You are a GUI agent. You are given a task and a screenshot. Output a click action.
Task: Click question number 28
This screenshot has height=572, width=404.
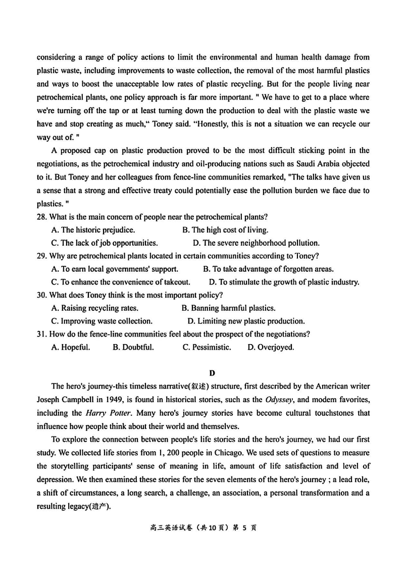point(42,217)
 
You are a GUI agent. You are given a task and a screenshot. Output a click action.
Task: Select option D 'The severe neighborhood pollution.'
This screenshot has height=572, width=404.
point(256,243)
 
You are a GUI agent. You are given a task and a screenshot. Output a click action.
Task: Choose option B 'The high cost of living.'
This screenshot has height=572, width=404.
point(225,230)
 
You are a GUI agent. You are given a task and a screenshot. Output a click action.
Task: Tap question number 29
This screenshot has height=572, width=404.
point(42,256)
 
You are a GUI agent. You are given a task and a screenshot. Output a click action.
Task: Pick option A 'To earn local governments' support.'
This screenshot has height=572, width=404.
point(115,269)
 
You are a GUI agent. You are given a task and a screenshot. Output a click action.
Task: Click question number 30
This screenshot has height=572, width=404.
point(42,295)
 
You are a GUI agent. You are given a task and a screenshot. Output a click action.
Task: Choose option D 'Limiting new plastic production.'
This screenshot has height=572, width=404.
point(246,321)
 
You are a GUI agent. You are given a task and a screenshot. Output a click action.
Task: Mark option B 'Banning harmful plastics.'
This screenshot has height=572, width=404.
point(228,308)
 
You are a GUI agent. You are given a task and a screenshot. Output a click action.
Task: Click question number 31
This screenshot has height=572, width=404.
point(42,334)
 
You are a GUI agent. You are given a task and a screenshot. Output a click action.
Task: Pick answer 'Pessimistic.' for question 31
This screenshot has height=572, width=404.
point(207,347)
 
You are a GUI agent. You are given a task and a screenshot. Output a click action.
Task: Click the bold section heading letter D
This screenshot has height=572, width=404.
point(212,373)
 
